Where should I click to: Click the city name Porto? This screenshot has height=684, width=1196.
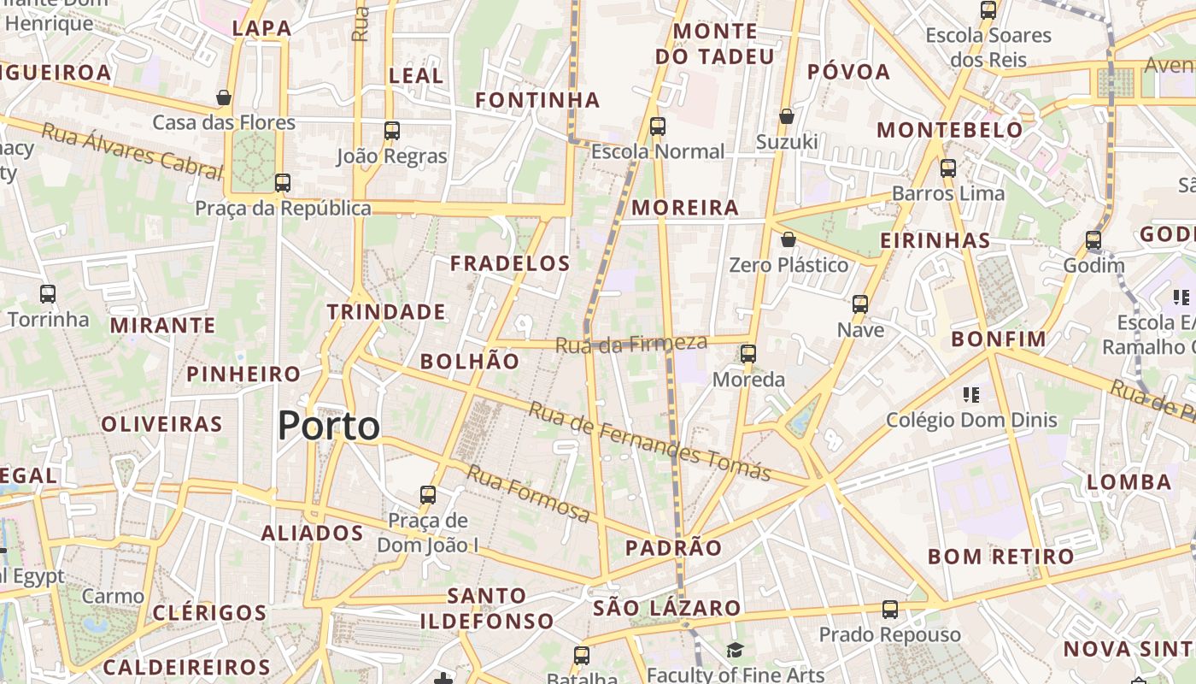point(329,426)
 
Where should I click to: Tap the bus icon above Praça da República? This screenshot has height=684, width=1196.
point(283,182)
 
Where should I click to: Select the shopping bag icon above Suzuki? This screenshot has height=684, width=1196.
point(786,115)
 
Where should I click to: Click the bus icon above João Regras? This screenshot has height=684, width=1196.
point(392,131)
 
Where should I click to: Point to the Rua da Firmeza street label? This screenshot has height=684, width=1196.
point(631,345)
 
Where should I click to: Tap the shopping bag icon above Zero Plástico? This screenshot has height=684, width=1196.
point(789,239)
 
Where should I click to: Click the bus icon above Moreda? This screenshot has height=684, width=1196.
point(748,353)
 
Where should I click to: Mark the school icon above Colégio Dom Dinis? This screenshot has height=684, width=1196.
point(971,394)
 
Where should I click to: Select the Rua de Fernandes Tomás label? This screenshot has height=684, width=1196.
point(649,441)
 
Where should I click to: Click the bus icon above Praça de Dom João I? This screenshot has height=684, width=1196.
point(428,494)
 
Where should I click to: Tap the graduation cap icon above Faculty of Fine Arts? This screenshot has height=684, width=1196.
point(736,651)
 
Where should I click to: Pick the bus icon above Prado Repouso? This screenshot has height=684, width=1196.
point(890,610)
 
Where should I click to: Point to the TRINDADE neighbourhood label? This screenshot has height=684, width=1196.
point(386,312)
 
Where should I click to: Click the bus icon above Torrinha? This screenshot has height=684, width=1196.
point(48,294)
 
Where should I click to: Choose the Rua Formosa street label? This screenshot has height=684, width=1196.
point(528,494)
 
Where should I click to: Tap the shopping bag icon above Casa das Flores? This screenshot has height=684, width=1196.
point(224,97)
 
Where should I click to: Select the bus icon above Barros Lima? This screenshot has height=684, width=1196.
point(948,168)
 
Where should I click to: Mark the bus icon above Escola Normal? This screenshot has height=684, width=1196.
point(658,127)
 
